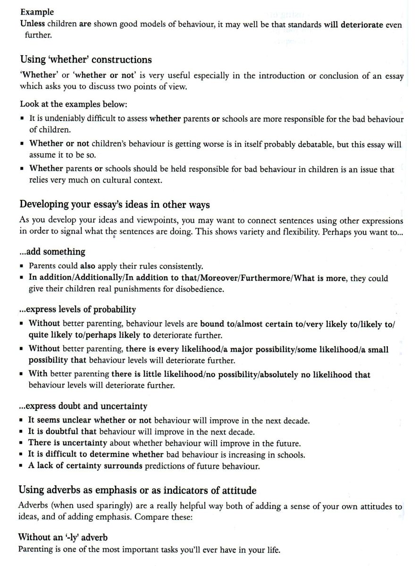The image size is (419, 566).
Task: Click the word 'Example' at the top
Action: pos(37,12)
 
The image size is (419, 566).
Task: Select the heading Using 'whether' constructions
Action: pos(86,59)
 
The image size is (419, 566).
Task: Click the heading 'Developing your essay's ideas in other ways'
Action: pos(115,205)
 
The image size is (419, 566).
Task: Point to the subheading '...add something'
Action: pos(52,252)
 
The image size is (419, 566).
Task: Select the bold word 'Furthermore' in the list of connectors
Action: pos(267,278)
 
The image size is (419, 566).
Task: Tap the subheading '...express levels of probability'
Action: pos(77,310)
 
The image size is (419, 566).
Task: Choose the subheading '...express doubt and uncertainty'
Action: pos(83,406)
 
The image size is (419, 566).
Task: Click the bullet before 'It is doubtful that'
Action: pos(22,432)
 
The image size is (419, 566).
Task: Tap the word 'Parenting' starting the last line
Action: pos(35,549)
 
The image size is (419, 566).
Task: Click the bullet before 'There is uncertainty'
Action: pos(22,444)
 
